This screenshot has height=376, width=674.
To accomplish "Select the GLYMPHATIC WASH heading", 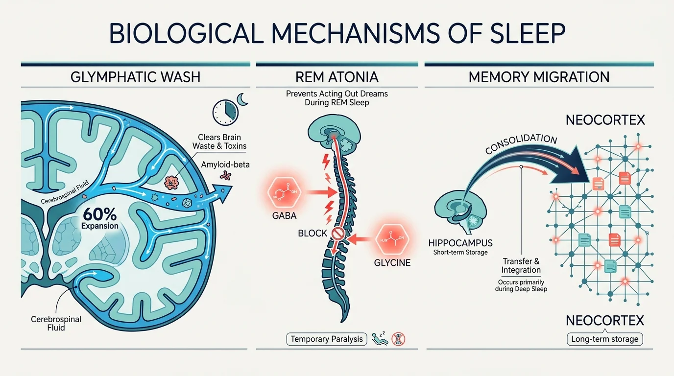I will click(x=135, y=77).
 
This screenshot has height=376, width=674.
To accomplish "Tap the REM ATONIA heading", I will click(x=337, y=77).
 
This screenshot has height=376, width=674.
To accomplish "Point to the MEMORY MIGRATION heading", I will click(x=539, y=77).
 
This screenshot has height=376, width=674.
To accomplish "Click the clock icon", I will click(x=224, y=112).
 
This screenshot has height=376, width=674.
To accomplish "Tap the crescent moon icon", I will click(x=243, y=100).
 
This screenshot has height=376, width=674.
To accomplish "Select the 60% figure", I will click(x=100, y=214).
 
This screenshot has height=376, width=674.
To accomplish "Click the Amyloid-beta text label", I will click(x=225, y=164).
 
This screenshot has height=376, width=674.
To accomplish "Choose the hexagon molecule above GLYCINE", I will click(x=391, y=239).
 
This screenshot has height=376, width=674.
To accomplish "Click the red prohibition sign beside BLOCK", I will click(x=338, y=234).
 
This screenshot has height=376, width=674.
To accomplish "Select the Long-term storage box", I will click(x=605, y=339).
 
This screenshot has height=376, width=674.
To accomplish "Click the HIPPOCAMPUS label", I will click(x=460, y=243).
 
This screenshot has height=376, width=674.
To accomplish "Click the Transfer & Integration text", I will click(x=521, y=266).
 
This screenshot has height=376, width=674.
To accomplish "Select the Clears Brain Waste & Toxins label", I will click(x=219, y=141).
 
